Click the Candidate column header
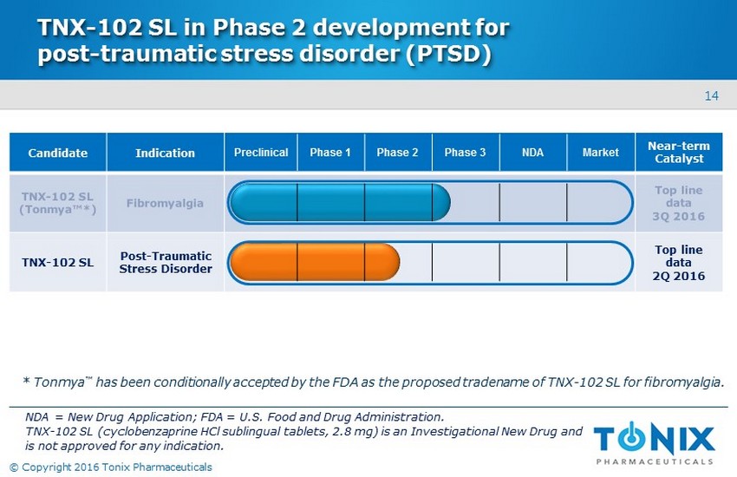point(58,153)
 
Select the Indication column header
point(165,153)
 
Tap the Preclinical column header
point(261,153)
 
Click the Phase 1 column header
point(330,153)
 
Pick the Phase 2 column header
point(398,153)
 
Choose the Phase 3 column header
point(466,153)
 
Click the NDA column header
point(533,153)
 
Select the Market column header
point(601,153)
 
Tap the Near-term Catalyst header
point(679,153)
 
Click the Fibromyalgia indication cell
point(165,203)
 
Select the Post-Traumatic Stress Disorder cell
point(165,262)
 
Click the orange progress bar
point(315,262)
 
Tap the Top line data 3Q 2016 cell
point(679,203)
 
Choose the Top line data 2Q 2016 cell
point(679,262)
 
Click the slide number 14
point(711,96)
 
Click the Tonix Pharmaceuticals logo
point(655,442)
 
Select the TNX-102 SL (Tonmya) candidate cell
point(58,203)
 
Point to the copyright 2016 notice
point(111,467)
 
